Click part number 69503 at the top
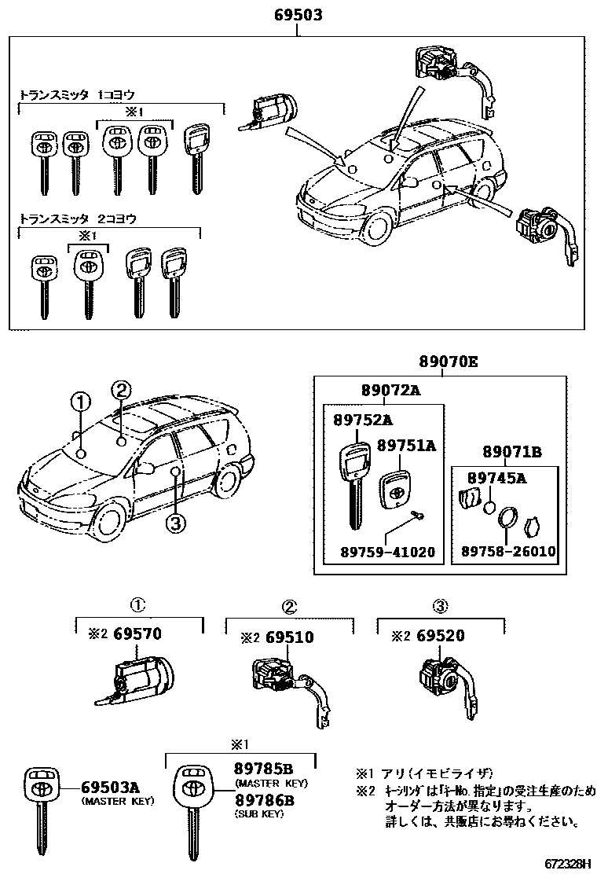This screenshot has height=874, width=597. pyautogui.click(x=298, y=15)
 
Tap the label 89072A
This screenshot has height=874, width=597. pyautogui.click(x=390, y=391)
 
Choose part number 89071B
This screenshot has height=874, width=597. pyautogui.click(x=511, y=452)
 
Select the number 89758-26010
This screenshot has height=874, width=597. pyautogui.click(x=505, y=552)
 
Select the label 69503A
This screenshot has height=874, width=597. pyautogui.click(x=111, y=787)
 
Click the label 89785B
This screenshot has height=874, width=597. pyautogui.click(x=263, y=769)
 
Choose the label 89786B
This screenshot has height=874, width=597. pyautogui.click(x=263, y=800)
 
